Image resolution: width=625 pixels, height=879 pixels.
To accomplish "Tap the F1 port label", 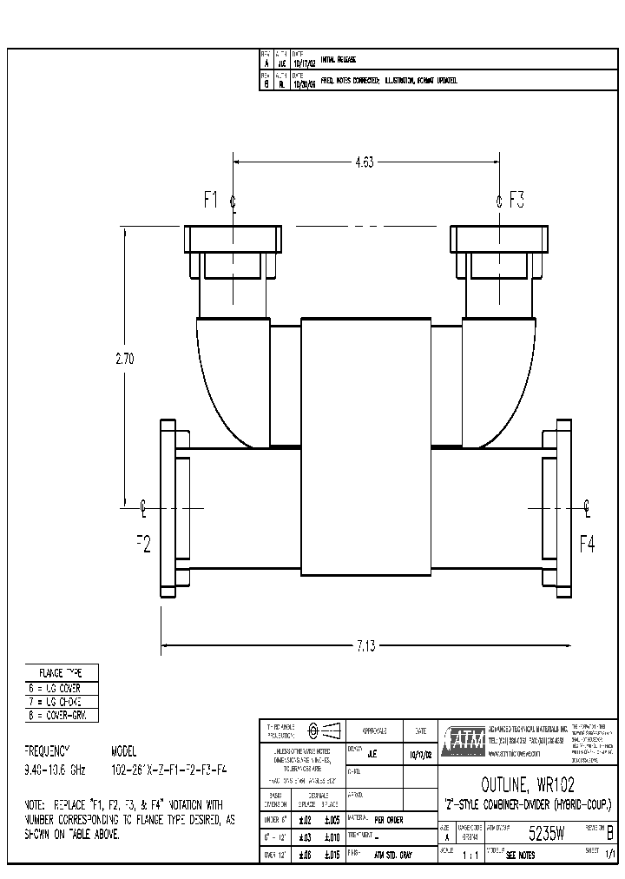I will [213, 200].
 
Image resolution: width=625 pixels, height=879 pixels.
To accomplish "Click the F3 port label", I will [516, 200].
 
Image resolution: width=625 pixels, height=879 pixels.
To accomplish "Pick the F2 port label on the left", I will [143, 544].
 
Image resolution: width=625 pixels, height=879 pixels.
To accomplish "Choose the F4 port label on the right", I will [588, 544].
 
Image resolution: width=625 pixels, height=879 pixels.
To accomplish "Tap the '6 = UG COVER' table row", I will [62, 688].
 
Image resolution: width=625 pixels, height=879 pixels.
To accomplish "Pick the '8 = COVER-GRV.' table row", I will [62, 715].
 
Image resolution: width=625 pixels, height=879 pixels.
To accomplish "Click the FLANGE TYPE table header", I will [62, 673].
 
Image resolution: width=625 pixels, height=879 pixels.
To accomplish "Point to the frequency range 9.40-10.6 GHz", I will [54, 770].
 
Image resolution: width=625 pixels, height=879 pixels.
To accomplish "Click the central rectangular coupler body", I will [365, 446].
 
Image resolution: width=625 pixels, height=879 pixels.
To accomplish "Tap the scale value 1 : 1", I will [472, 856].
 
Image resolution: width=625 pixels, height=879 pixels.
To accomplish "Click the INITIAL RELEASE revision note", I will [339, 60].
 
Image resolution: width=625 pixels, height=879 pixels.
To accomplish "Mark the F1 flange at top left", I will [232, 239].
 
